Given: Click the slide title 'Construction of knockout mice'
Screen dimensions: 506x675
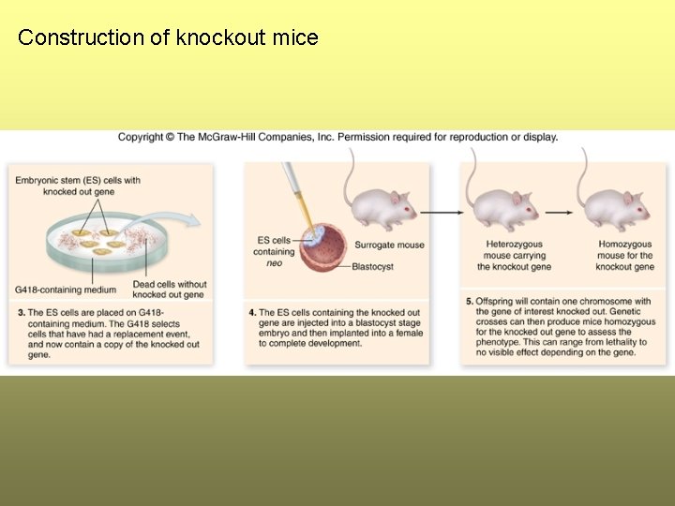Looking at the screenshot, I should point(168,38).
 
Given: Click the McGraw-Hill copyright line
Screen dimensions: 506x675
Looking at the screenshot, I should point(337,137).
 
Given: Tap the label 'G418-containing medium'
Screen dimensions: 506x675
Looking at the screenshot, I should point(66,290).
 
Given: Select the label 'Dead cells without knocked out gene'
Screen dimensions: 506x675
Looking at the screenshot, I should point(170,290).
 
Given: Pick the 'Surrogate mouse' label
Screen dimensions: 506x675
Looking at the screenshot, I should point(389,246).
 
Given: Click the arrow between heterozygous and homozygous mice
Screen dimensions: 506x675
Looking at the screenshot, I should point(560,212).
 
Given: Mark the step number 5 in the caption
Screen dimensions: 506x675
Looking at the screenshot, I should point(469,301).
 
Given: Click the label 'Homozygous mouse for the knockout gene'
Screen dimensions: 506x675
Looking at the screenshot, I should point(624,256).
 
